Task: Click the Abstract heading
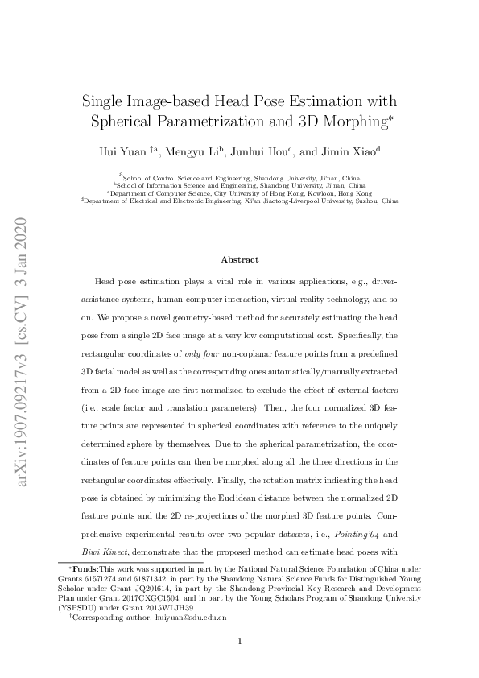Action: point(239,259)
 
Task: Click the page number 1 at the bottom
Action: point(239,641)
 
